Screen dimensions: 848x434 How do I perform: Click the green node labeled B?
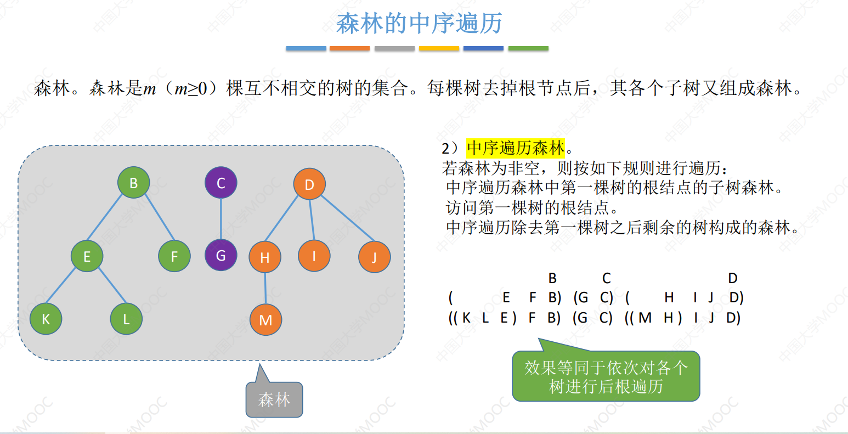tap(134, 183)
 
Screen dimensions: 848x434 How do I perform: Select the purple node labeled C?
tap(221, 183)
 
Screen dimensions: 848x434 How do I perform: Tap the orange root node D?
tap(309, 184)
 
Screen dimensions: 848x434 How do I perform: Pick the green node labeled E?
tap(87, 256)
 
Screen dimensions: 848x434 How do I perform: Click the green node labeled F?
tap(174, 256)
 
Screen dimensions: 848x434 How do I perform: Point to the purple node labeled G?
tap(221, 255)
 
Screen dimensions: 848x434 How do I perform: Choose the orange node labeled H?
tap(265, 257)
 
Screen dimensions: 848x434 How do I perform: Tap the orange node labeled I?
tap(314, 256)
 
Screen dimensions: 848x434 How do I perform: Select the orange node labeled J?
tap(375, 257)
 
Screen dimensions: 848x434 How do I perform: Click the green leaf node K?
tap(46, 318)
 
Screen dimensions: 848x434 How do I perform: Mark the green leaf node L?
tap(127, 318)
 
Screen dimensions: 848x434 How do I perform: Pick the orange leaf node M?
tap(266, 320)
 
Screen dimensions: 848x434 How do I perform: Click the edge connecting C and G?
tap(221, 219)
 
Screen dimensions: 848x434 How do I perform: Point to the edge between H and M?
tap(265, 289)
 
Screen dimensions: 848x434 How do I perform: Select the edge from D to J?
tap(348, 218)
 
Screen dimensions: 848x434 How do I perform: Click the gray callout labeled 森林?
tap(274, 399)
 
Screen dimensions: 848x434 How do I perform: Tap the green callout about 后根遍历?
tap(606, 376)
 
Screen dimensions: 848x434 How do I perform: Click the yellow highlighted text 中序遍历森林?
tap(516, 148)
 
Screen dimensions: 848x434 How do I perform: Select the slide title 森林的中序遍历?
tap(419, 24)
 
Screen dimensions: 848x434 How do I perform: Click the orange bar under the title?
tap(349, 48)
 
